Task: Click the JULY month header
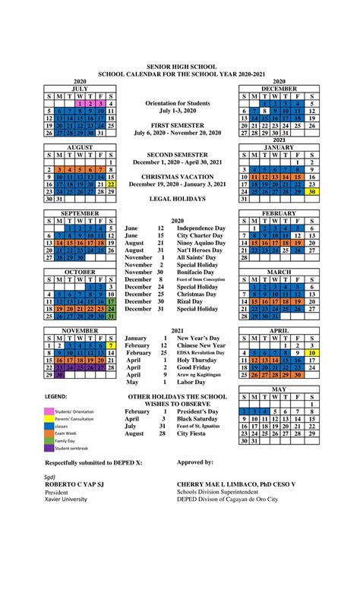click(x=80, y=88)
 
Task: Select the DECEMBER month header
click(x=279, y=88)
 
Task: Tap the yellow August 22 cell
click(x=111, y=184)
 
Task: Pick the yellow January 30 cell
click(x=311, y=192)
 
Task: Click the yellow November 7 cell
click(x=111, y=345)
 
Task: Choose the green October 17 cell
click(x=111, y=301)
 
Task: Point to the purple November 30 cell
click(x=59, y=374)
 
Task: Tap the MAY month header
click(x=279, y=389)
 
